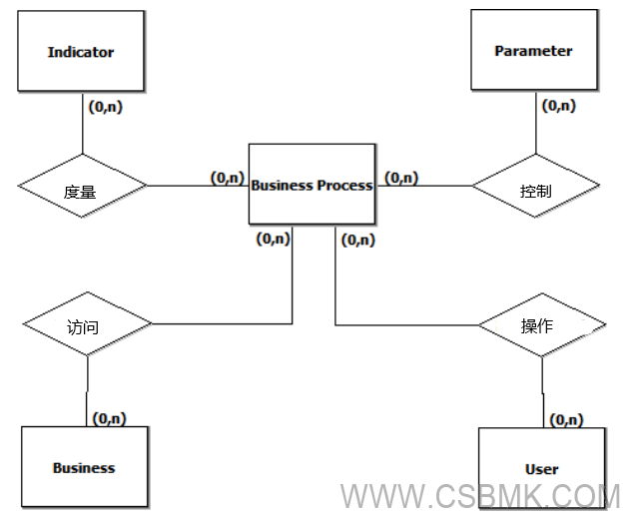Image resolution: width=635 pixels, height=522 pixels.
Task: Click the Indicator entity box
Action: (80, 53)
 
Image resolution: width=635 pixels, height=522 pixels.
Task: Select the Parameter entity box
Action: (533, 52)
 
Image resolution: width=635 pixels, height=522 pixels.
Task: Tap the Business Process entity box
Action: (312, 185)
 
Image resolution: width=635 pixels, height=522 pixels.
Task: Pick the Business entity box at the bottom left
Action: (84, 467)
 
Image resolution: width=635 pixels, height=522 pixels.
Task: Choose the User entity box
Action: (541, 468)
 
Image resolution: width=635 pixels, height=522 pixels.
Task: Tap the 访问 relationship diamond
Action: (86, 325)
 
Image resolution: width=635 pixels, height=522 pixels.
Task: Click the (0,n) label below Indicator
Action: (106, 107)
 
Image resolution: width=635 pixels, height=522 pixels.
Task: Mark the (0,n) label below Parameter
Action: (558, 105)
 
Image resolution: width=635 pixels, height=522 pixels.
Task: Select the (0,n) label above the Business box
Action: (109, 418)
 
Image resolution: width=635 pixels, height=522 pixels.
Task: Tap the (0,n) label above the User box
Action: (567, 420)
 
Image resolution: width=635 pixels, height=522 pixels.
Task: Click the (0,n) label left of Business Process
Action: (227, 177)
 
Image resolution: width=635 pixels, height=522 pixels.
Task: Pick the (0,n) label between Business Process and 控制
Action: (401, 178)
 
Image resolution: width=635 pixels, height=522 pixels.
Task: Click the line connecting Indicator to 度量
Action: (81, 125)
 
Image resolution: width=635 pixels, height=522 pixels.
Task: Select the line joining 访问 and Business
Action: (87, 389)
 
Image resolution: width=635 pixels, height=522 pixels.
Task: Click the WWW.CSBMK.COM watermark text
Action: (480, 496)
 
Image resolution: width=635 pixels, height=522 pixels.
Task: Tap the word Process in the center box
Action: (344, 185)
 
